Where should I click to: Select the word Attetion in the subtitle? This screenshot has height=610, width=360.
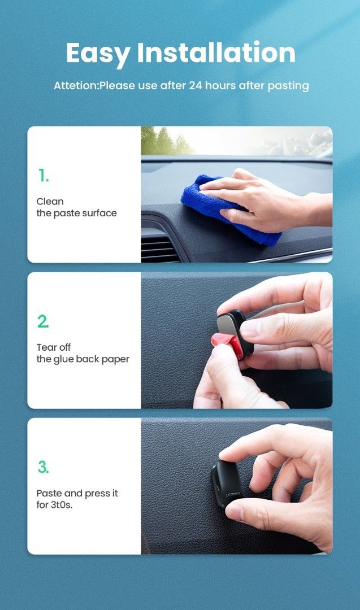click(x=76, y=86)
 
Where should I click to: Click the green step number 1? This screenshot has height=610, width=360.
click(x=43, y=176)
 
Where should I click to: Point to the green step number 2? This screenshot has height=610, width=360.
click(x=43, y=321)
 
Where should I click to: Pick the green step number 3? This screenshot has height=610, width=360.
click(x=43, y=467)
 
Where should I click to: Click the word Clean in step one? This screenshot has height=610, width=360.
click(x=50, y=202)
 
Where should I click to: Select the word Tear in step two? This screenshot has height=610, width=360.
click(x=45, y=347)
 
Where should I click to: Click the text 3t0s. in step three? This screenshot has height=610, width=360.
click(x=62, y=506)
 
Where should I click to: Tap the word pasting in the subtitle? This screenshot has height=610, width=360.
click(x=288, y=86)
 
